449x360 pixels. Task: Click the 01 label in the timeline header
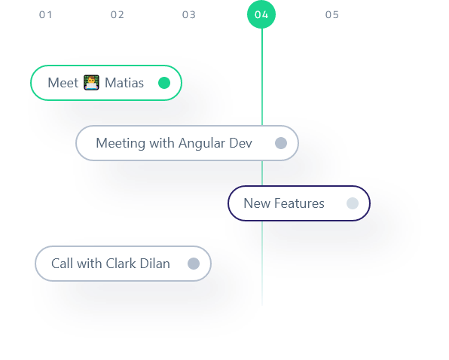[x=46, y=14]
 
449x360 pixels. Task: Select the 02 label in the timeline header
[x=117, y=14]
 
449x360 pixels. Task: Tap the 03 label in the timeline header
[x=188, y=14]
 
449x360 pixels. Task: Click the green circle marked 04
[x=261, y=14]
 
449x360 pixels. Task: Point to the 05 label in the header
[x=331, y=14]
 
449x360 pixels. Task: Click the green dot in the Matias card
[x=164, y=83]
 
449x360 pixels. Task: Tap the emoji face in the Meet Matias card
[x=91, y=83]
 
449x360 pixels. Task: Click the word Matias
[x=124, y=83]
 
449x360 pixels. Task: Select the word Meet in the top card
[x=63, y=83]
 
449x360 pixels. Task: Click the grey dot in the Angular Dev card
[x=281, y=143]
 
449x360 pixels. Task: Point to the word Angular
[x=203, y=144]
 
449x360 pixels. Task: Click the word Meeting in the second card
[x=120, y=143]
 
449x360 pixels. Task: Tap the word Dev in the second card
[x=241, y=143]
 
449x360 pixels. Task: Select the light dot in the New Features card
[x=352, y=203]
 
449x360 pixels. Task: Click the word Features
[x=299, y=203]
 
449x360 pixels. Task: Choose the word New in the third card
[x=256, y=203]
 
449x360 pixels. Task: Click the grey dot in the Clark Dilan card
[x=194, y=264]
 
